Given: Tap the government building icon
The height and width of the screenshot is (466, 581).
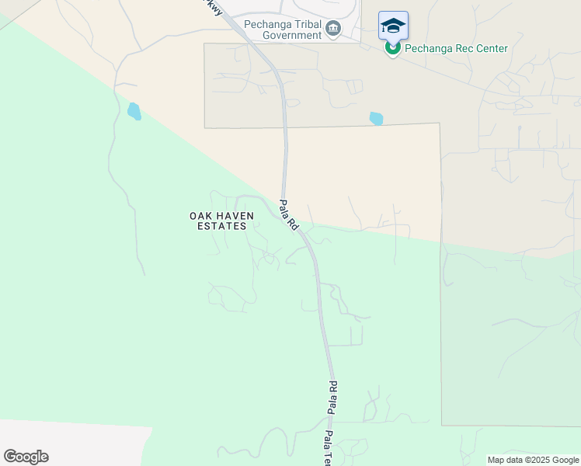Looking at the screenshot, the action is (333, 29).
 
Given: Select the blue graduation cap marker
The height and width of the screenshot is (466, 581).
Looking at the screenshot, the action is (393, 26).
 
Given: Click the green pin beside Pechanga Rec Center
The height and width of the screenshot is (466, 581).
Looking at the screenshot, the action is (393, 49).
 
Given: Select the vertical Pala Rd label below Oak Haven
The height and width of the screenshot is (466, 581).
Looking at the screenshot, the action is (332, 398).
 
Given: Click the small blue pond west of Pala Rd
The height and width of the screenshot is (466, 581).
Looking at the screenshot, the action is (134, 111).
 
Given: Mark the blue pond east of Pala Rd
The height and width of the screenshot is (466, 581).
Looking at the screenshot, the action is (377, 118).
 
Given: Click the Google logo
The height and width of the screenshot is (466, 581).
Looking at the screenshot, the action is (26, 457).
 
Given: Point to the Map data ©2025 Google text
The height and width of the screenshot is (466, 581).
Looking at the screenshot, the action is (534, 460).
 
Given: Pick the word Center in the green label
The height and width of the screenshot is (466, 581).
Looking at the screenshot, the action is (489, 49).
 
